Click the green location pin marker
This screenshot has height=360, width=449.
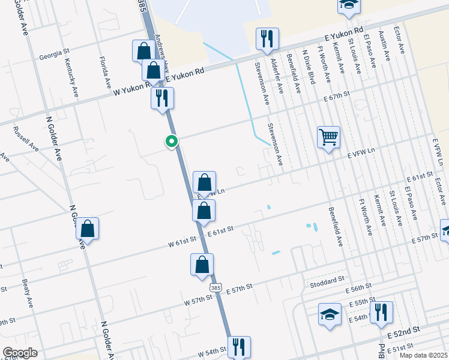172,142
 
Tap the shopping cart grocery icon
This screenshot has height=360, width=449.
328,137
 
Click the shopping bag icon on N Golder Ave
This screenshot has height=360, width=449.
88,229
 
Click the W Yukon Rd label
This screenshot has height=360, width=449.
133,89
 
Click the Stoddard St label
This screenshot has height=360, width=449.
327,280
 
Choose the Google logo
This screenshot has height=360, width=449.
20,353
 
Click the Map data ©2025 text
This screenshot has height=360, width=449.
423,355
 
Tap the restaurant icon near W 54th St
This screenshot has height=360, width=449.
239,346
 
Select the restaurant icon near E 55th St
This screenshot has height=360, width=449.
381,312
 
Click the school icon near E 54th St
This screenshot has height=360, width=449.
330,315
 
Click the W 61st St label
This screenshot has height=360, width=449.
182,241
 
